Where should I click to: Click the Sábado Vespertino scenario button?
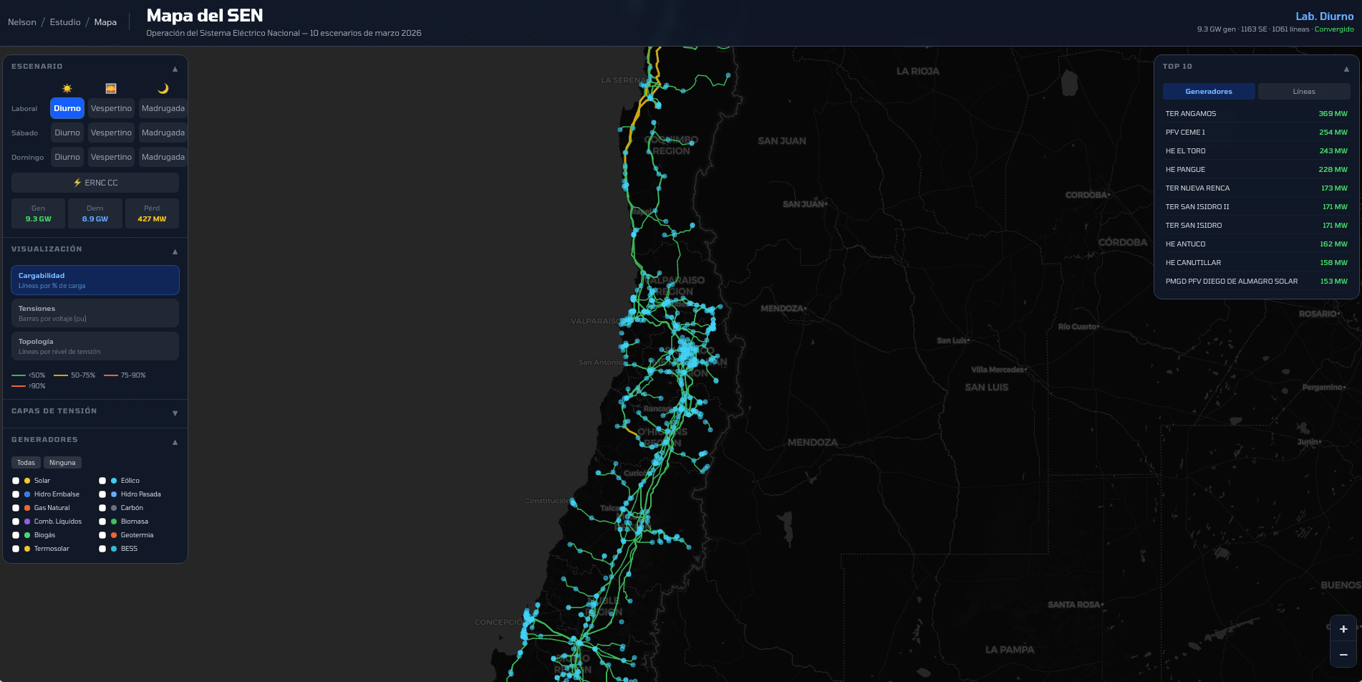coord(111,133)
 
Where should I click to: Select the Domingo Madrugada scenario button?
coord(163,157)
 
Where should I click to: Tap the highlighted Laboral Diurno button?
coord(67,108)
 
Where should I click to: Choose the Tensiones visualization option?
coord(95,313)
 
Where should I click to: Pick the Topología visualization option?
coord(95,346)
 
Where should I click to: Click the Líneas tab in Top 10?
coord(1303,92)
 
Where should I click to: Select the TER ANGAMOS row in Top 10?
coord(1256,114)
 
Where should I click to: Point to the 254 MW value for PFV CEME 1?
coord(1333,133)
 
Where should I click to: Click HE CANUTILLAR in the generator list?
coord(1193,263)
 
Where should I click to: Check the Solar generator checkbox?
coord(16,481)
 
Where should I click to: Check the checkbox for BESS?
coord(102,549)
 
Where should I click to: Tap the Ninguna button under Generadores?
coord(62,463)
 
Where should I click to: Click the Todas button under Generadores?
coord(26,463)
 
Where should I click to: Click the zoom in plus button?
coord(1343,629)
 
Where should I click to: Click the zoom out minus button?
coord(1343,655)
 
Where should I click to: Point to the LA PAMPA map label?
coord(1009,650)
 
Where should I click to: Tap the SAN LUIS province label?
coord(986,388)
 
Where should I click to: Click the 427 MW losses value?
coord(152,219)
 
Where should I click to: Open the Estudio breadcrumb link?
coord(65,22)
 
